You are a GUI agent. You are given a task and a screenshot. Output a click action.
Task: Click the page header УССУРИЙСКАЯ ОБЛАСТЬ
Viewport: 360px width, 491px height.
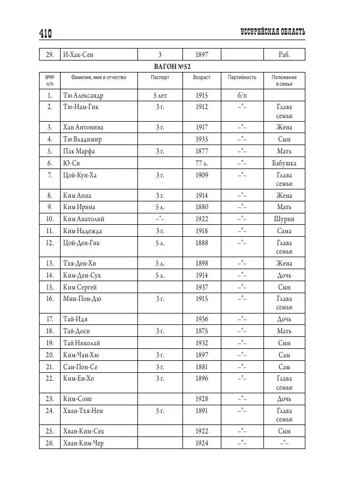pyautogui.click(x=272, y=31)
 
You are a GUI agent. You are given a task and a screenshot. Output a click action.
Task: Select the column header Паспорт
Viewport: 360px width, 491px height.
pyautogui.click(x=160, y=78)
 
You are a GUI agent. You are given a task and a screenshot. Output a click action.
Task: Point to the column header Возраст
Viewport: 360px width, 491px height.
pyautogui.click(x=202, y=78)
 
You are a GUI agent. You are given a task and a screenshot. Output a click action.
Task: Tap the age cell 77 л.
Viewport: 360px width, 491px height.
pyautogui.click(x=202, y=163)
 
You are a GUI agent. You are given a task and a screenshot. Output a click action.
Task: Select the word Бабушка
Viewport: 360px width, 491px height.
pyautogui.click(x=284, y=163)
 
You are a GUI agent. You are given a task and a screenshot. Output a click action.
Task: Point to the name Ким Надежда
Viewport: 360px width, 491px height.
pyautogui.click(x=83, y=230)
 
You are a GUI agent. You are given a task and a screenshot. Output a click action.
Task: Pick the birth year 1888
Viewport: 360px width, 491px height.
pyautogui.click(x=202, y=242)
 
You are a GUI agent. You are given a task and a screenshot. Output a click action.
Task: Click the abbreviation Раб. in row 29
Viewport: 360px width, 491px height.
pyautogui.click(x=284, y=55)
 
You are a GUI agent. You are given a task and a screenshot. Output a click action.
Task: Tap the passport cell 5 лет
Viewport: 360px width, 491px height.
pyautogui.click(x=160, y=95)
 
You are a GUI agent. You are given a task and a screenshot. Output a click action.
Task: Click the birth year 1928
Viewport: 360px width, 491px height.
pyautogui.click(x=202, y=398)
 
